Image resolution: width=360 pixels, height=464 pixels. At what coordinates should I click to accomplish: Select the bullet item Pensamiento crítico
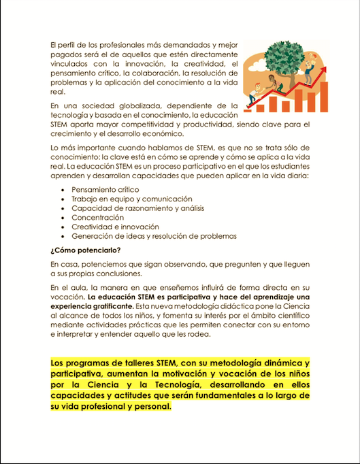pyautogui.click(x=105, y=189)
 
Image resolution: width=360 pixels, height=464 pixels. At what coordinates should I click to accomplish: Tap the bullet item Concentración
pyautogui.click(x=99, y=217)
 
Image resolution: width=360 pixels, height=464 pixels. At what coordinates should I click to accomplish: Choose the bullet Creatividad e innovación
pyautogui.click(x=114, y=227)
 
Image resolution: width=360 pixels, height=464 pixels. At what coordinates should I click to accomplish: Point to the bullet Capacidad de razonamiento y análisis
pyautogui.click(x=137, y=208)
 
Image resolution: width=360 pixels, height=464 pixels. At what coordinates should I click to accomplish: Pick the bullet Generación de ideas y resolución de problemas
pyautogui.click(x=154, y=236)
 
